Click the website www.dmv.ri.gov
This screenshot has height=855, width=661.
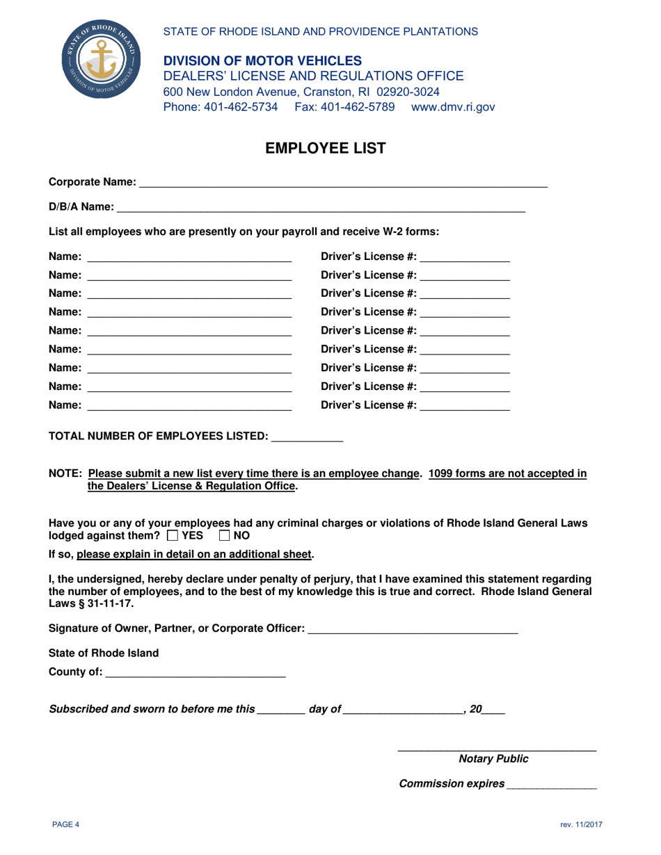pos(453,107)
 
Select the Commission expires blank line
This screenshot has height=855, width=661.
pos(552,784)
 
